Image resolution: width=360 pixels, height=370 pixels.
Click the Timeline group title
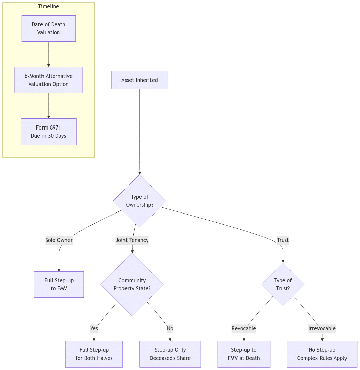(49, 7)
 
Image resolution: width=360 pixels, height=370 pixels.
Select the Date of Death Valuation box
(49, 29)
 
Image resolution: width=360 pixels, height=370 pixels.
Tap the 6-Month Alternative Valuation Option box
(49, 80)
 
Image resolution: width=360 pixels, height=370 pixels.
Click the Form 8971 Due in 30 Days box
(49, 132)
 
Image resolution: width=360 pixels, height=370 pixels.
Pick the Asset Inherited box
(140, 80)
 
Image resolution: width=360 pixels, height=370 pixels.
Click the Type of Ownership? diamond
(140, 201)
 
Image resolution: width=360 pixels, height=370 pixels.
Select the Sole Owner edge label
(59, 240)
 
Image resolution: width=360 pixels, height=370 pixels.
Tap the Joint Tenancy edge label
(132, 240)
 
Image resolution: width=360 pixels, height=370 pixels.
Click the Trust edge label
(283, 240)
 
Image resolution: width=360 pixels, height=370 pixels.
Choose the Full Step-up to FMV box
(59, 285)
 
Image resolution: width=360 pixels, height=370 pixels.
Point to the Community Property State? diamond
(132, 285)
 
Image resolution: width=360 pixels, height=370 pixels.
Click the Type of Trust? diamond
(283, 285)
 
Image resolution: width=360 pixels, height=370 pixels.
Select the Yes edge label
(94, 329)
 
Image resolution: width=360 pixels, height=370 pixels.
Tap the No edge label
(170, 329)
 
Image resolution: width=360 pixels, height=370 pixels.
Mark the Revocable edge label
(244, 329)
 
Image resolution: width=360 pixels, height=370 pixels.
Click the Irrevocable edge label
(322, 329)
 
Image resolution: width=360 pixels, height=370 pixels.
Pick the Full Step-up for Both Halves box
(94, 354)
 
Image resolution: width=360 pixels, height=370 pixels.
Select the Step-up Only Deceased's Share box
(170, 354)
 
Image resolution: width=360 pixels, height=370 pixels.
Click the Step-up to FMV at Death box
(244, 354)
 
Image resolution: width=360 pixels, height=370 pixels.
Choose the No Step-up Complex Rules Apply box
(322, 354)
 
